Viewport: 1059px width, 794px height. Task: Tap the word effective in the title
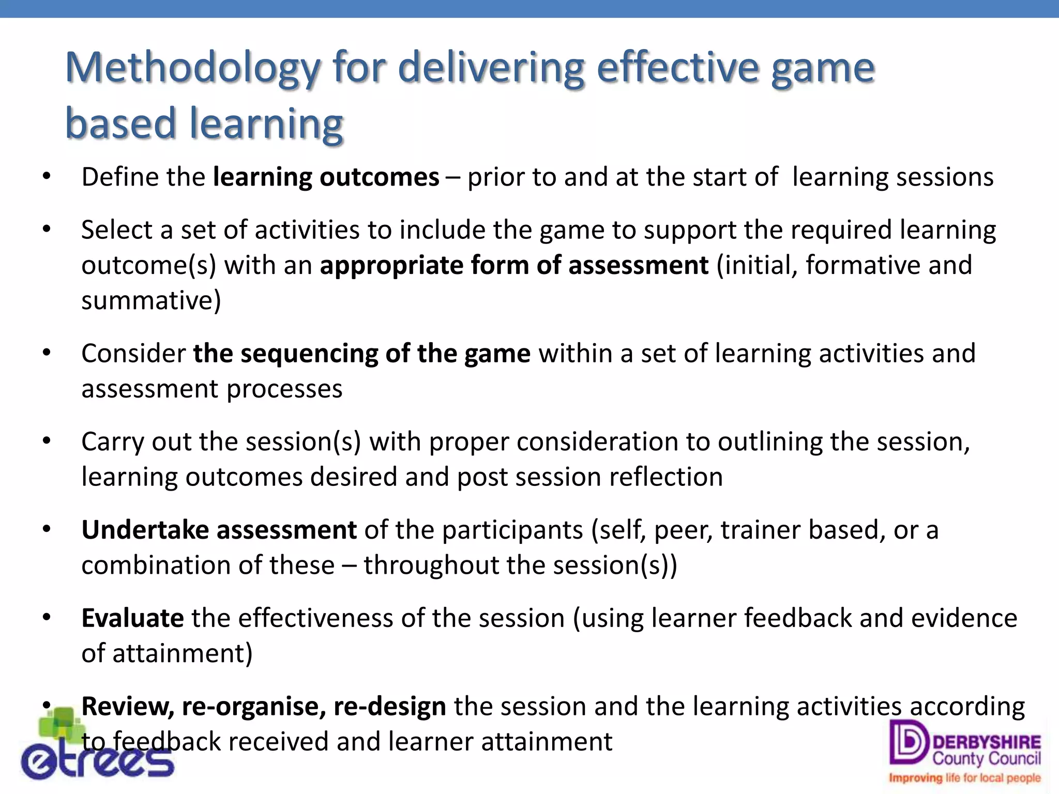point(677,68)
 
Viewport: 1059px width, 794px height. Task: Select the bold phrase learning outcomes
point(326,177)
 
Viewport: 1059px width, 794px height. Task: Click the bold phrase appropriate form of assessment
point(514,266)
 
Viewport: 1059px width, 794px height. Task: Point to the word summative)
point(151,301)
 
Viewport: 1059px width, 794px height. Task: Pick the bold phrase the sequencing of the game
point(361,354)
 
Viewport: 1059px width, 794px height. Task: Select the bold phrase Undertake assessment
point(219,530)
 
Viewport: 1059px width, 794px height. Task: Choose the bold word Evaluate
point(132,618)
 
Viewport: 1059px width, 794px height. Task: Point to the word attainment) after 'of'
point(183,653)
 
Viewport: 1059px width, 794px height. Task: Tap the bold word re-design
point(389,707)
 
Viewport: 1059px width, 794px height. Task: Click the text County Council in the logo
point(986,758)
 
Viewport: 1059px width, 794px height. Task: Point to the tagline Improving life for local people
point(964,778)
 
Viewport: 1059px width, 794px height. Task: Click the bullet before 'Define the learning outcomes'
point(47,177)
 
